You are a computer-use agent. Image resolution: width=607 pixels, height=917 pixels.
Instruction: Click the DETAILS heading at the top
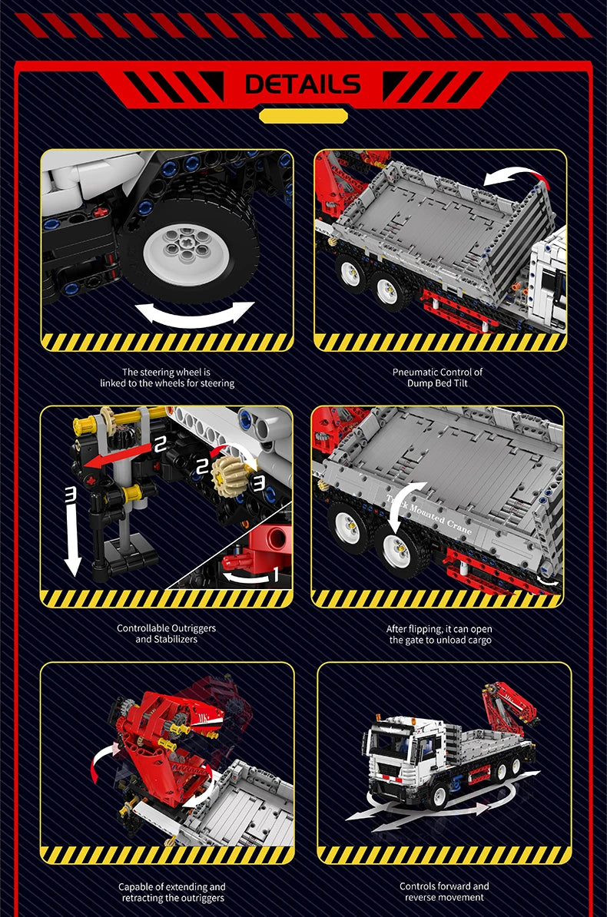pyautogui.click(x=303, y=84)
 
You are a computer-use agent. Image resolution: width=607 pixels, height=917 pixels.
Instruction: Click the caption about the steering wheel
pyautogui.click(x=167, y=377)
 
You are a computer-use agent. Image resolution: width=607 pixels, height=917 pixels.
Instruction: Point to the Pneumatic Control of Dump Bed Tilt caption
pyautogui.click(x=437, y=377)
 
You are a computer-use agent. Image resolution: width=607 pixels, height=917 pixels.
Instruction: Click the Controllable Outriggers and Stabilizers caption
pyautogui.click(x=166, y=634)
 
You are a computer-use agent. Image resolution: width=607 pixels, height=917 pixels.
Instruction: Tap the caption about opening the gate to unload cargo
pyautogui.click(x=438, y=634)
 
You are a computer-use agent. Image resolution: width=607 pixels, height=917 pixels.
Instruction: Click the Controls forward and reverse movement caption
pyautogui.click(x=444, y=892)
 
